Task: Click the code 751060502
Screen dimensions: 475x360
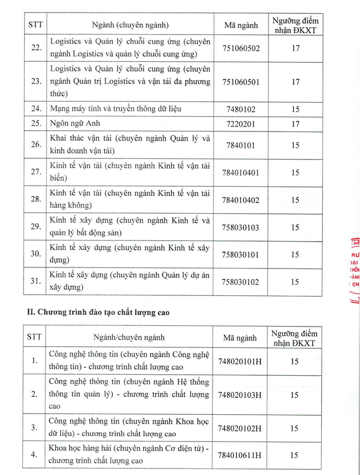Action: click(x=241, y=48)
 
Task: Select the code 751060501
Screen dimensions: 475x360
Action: click(x=241, y=82)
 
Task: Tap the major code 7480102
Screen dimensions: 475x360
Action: click(x=241, y=109)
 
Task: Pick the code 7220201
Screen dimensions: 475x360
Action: click(x=241, y=124)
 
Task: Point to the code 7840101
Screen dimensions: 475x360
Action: click(x=241, y=145)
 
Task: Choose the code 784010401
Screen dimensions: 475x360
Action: click(x=241, y=173)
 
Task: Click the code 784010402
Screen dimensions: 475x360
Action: click(x=241, y=200)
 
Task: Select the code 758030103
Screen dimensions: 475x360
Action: click(x=241, y=227)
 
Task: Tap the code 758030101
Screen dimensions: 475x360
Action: click(x=241, y=254)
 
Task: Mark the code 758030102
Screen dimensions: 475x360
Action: click(x=241, y=282)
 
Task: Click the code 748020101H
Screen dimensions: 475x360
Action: click(x=240, y=361)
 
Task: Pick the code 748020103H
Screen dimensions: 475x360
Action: click(x=240, y=394)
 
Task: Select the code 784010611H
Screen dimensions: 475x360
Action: click(x=240, y=455)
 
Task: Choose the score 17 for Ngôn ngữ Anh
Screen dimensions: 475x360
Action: click(x=295, y=124)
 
